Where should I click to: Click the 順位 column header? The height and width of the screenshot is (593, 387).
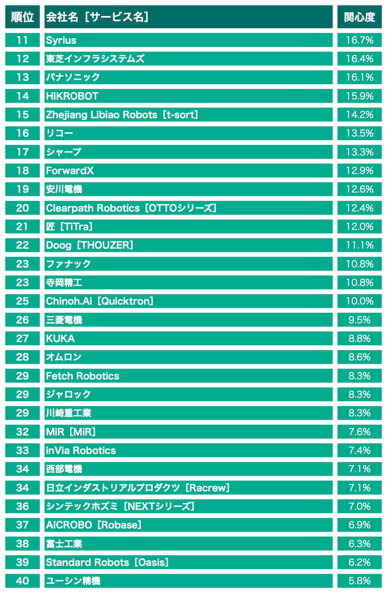tap(22, 17)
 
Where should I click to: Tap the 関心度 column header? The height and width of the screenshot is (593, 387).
tap(359, 17)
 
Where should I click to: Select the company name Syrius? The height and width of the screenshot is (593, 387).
tap(61, 40)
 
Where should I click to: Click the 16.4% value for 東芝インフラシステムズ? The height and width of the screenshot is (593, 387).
tap(359, 59)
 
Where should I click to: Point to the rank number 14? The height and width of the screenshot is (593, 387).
tap(22, 96)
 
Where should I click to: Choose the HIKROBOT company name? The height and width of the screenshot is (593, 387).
tap(72, 96)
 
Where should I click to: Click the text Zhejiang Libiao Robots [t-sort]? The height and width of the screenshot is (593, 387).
tap(122, 114)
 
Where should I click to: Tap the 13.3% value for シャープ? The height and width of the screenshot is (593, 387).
tap(359, 152)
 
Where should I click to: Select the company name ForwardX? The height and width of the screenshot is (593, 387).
tap(70, 170)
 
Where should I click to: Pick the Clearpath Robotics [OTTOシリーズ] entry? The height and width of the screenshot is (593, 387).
tap(131, 208)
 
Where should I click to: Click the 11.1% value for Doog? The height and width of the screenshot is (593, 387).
tap(359, 245)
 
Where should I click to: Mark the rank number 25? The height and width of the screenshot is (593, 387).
tap(22, 301)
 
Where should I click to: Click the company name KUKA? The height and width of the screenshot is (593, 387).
tap(60, 338)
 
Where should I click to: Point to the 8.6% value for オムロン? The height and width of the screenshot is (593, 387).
tap(359, 357)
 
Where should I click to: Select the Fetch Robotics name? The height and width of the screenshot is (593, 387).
tap(82, 376)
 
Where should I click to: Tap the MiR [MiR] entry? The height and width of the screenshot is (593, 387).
tap(70, 432)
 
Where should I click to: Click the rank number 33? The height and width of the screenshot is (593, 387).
tap(22, 450)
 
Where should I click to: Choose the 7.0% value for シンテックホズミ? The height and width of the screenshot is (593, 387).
tap(359, 506)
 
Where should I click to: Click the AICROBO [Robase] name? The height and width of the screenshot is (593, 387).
tap(93, 525)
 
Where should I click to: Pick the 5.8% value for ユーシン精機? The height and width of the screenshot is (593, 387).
tap(359, 581)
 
